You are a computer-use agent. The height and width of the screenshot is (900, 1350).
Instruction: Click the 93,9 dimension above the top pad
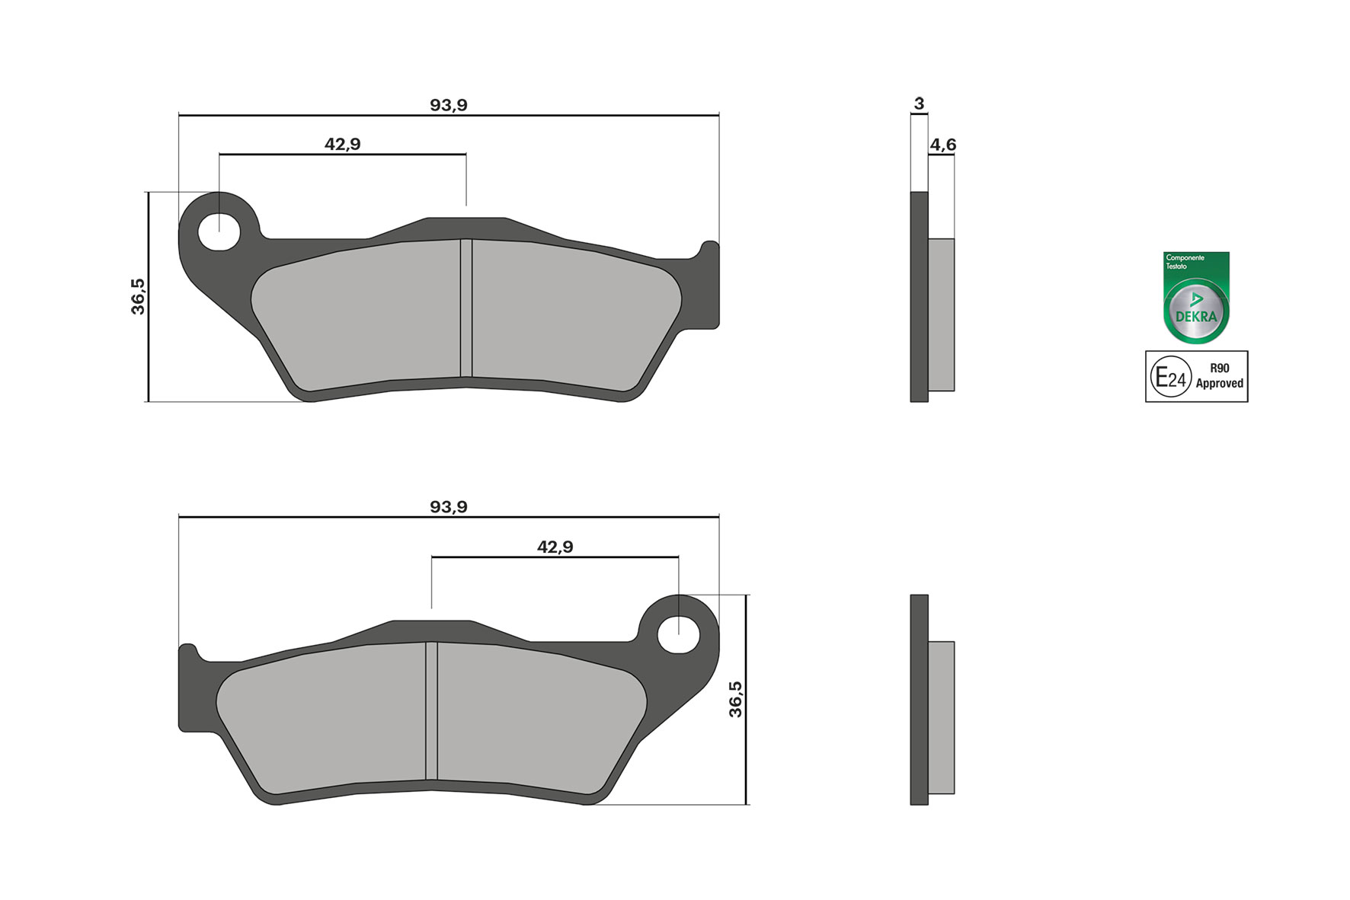pyautogui.click(x=448, y=105)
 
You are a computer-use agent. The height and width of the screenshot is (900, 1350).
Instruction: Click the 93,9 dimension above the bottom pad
pyautogui.click(x=448, y=507)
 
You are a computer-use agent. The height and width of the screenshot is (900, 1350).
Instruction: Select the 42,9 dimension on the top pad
pyautogui.click(x=342, y=144)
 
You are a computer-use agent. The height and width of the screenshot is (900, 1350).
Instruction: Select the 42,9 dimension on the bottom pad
pyautogui.click(x=555, y=547)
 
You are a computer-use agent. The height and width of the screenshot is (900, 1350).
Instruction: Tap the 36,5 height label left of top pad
pyautogui.click(x=138, y=296)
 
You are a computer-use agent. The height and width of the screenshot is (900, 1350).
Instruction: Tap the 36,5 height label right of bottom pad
pyautogui.click(x=735, y=699)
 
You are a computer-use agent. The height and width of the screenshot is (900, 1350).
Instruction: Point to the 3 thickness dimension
pyautogui.click(x=919, y=104)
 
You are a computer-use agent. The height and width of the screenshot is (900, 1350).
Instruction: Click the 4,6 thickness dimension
pyautogui.click(x=942, y=145)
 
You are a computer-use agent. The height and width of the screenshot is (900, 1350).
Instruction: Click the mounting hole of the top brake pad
pyautogui.click(x=219, y=232)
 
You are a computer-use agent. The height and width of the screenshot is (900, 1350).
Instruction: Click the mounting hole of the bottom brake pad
pyautogui.click(x=678, y=635)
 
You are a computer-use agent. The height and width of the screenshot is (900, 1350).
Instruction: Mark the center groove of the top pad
pyautogui.click(x=466, y=308)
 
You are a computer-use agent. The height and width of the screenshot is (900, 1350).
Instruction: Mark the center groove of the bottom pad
pyautogui.click(x=431, y=710)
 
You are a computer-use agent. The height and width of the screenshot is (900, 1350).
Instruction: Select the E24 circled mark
pyautogui.click(x=1170, y=377)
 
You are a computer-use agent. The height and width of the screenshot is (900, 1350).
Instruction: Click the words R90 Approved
pyautogui.click(x=1219, y=376)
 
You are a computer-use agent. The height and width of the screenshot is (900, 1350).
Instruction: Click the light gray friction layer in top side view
pyautogui.click(x=942, y=314)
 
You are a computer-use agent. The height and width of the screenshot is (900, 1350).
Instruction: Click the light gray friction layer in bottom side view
pyautogui.click(x=942, y=717)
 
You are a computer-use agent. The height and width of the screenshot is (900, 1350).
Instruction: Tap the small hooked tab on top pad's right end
pyautogui.click(x=709, y=251)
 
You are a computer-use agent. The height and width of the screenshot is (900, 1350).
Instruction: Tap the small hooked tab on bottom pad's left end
pyautogui.click(x=187, y=653)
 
